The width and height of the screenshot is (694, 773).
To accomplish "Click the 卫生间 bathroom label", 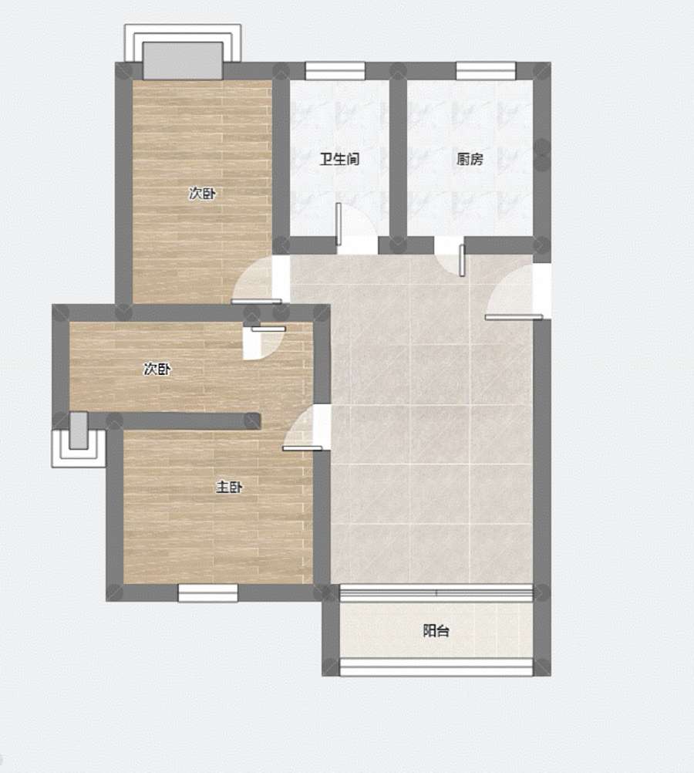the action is (339, 159).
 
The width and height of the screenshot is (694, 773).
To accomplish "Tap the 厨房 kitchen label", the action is (470, 159).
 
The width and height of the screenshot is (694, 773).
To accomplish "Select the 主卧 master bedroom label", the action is (229, 487).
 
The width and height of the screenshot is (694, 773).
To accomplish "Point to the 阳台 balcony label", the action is (436, 630).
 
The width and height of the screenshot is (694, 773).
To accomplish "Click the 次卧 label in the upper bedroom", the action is (202, 193).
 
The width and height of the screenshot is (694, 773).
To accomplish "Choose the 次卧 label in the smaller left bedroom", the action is (157, 369).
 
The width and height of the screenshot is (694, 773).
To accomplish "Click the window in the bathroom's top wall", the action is (335, 71).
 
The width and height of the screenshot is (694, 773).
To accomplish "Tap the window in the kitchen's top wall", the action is (486, 71).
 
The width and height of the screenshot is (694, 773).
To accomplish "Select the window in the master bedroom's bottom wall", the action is (208, 593).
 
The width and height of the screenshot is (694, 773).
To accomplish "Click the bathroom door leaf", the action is (339, 224).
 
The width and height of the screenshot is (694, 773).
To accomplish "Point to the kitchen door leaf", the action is (462, 260).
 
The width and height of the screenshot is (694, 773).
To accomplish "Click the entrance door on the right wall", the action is (514, 318).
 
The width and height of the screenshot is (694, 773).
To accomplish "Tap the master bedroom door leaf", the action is (302, 448).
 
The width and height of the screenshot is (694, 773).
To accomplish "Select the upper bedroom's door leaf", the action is (256, 301).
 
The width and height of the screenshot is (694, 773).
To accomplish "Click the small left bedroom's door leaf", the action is (268, 329).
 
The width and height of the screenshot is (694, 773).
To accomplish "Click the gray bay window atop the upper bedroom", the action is (183, 60).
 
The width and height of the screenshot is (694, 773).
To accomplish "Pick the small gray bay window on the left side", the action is (79, 430).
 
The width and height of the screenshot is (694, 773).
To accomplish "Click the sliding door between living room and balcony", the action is (436, 593).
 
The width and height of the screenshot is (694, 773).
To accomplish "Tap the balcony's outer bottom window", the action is (436, 667).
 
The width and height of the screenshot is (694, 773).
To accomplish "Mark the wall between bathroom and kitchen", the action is (398, 157).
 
